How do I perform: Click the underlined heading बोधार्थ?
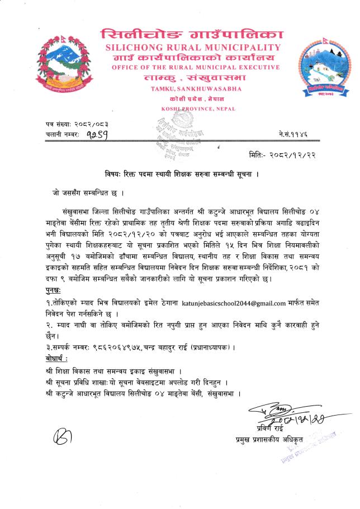pyautogui.click(x=58, y=357)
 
